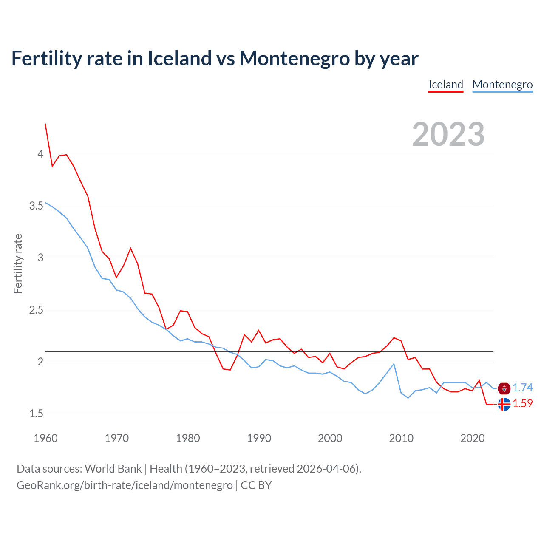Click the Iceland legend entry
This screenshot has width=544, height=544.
[x=445, y=85]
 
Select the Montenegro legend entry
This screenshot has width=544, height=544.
[x=502, y=85]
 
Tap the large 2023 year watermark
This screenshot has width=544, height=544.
[x=448, y=134]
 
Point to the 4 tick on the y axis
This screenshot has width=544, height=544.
[x=40, y=154]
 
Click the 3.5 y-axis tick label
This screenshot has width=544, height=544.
[x=36, y=206]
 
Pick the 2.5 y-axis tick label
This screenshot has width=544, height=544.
[x=36, y=310]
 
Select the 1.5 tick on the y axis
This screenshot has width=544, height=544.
[x=36, y=414]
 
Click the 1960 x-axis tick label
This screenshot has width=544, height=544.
[x=45, y=438]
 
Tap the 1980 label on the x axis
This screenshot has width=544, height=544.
[x=188, y=438]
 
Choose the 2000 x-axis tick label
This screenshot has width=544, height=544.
[x=330, y=438]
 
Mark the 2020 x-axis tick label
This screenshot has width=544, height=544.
[x=472, y=438]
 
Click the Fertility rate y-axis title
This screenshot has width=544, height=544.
[x=18, y=263]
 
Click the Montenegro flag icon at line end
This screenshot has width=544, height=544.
[x=504, y=388]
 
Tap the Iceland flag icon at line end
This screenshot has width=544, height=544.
[x=504, y=404]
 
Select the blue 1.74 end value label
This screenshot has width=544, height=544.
[x=522, y=388]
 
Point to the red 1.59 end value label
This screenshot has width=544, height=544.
[x=522, y=403]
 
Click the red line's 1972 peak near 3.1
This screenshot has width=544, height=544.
[x=130, y=248]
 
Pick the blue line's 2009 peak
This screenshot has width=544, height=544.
[x=394, y=364]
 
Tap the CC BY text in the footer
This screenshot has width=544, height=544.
[x=256, y=485]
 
